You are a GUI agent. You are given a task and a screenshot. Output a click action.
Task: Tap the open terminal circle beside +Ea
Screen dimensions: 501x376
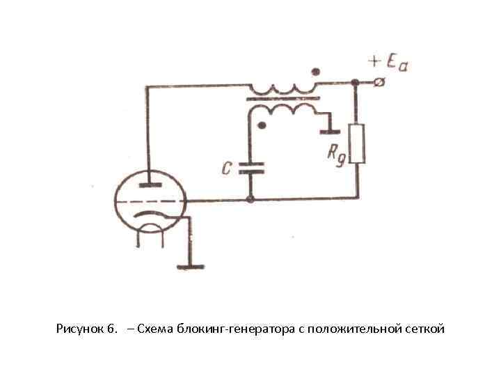click(x=379, y=83)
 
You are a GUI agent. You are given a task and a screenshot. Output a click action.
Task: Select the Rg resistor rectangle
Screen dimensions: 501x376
click(x=357, y=143)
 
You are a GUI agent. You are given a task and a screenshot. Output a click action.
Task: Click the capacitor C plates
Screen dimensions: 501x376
click(x=250, y=168)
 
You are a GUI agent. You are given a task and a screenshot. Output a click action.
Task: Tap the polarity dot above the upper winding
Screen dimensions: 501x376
click(x=317, y=71)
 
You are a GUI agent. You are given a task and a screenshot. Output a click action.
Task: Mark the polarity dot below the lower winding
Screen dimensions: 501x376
click(x=262, y=126)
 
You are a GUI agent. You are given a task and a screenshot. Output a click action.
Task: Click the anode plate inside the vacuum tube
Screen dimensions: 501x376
click(x=148, y=185)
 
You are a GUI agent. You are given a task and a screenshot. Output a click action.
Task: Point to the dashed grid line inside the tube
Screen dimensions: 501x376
click(x=149, y=201)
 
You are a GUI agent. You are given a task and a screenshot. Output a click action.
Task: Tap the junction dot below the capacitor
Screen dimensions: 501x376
click(x=250, y=201)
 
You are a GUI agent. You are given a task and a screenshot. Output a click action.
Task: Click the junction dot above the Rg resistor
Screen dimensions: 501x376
click(x=356, y=83)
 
